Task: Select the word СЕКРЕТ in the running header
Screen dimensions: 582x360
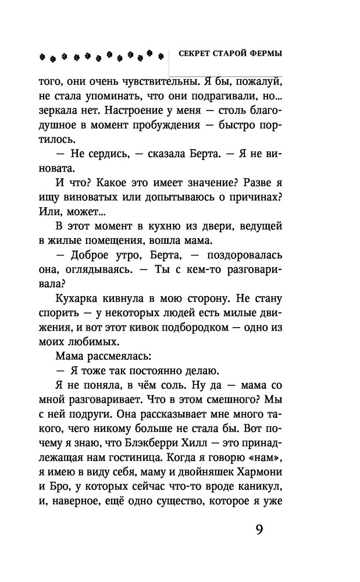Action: click(195, 53)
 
